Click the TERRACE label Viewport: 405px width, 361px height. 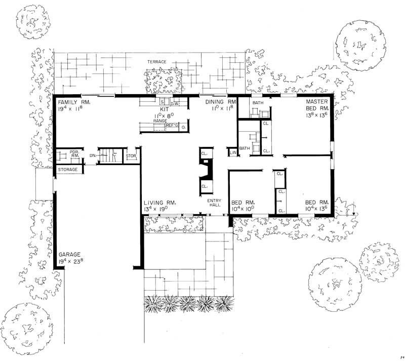click(157, 62)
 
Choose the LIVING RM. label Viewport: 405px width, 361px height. click(158, 202)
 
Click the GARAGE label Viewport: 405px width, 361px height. click(69, 255)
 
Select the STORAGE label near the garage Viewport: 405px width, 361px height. click(67, 170)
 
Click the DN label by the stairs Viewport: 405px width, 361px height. click(92, 155)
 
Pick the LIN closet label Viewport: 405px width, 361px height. click(233, 152)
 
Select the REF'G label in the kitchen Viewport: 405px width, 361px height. click(173, 126)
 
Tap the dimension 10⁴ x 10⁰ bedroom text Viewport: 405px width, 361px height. click(242, 209)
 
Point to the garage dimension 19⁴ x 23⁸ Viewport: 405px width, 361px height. click(71, 262)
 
